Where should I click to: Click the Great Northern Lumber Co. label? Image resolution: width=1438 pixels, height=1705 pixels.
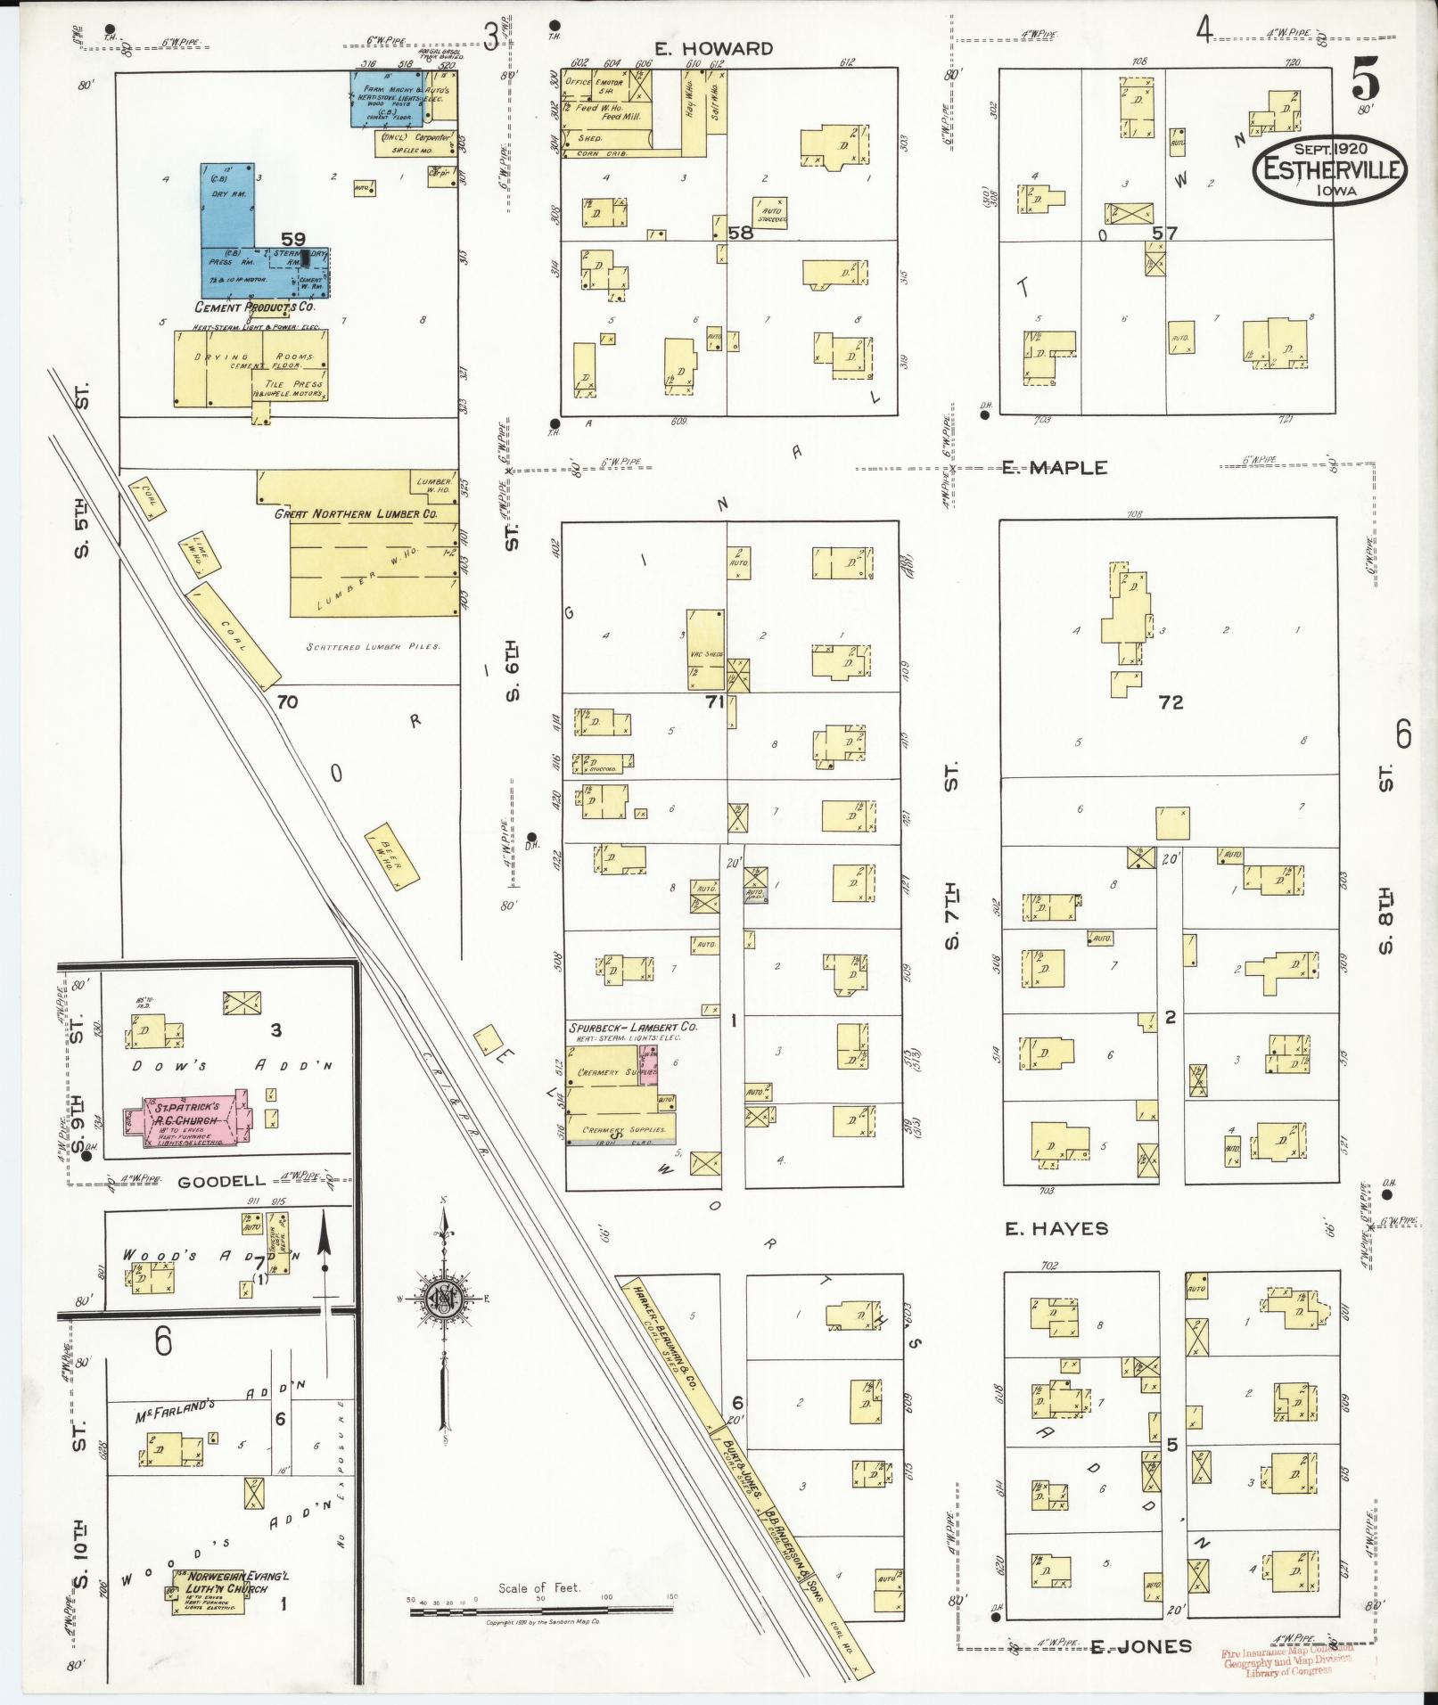[x=356, y=514]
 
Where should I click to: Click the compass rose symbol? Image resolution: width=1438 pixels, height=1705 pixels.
[x=443, y=1298]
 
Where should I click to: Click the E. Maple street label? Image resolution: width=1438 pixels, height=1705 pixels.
[x=1054, y=468]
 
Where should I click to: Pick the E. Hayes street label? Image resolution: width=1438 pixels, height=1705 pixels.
[x=1056, y=1229]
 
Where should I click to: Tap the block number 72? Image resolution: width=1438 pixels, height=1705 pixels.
[x=1171, y=702]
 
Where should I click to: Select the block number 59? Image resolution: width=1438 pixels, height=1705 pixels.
[x=293, y=239]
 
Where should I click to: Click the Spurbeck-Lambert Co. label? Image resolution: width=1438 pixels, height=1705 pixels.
[x=632, y=1027]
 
